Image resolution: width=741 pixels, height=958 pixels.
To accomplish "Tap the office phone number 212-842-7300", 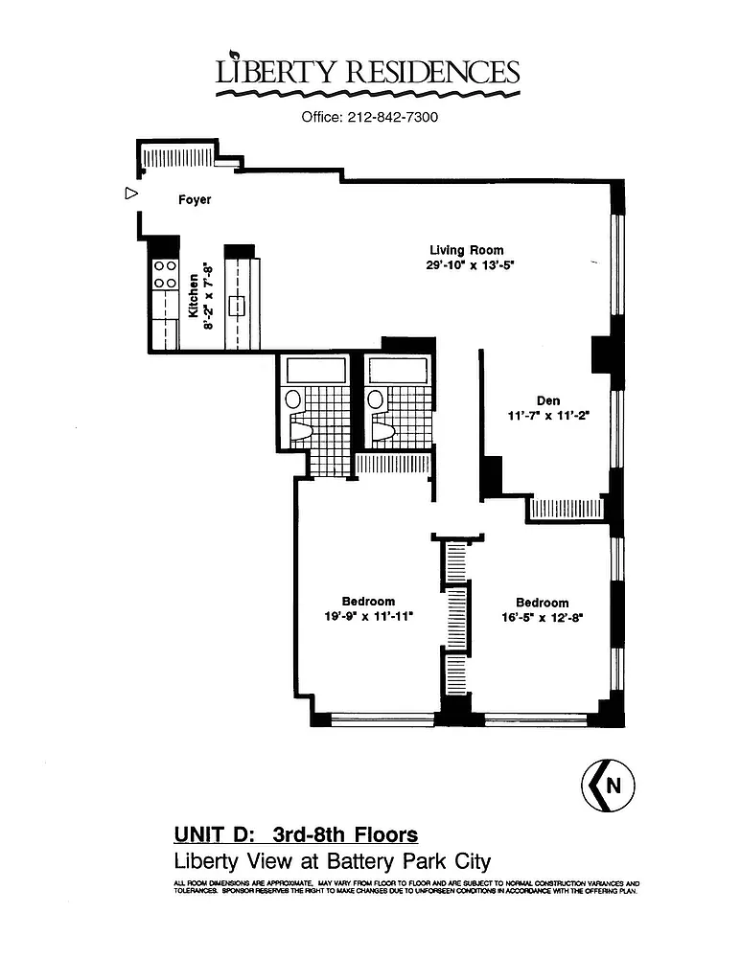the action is (x=392, y=117).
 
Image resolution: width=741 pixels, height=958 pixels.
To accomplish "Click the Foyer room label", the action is (x=195, y=200).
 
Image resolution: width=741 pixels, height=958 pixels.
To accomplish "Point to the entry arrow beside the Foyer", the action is (x=130, y=194).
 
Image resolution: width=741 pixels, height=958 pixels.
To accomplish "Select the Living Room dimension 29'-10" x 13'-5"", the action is (x=467, y=265).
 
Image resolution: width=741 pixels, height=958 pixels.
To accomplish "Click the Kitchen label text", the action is (x=194, y=296).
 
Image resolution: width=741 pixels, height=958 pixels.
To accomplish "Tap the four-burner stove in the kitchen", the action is (x=165, y=274).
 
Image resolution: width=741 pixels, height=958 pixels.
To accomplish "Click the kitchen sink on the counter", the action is (x=237, y=306).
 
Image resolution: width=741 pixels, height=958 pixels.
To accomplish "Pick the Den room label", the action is (x=548, y=400).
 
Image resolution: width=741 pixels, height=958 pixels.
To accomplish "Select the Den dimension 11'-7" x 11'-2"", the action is (x=548, y=416).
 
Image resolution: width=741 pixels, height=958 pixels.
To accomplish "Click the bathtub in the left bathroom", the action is (x=316, y=371).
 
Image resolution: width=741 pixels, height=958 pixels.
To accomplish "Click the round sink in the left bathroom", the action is (x=293, y=399).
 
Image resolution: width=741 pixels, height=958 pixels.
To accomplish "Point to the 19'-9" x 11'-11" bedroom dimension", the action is (x=369, y=616).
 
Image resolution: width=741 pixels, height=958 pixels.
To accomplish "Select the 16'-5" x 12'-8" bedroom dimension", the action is (x=543, y=618).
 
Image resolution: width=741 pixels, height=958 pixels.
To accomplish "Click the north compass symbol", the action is (x=608, y=786).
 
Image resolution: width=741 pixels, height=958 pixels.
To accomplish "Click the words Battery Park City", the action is (x=409, y=861).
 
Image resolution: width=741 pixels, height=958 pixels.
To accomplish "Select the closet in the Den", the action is (x=567, y=509).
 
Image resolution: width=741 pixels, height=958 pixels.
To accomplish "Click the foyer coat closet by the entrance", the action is (x=177, y=157).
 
